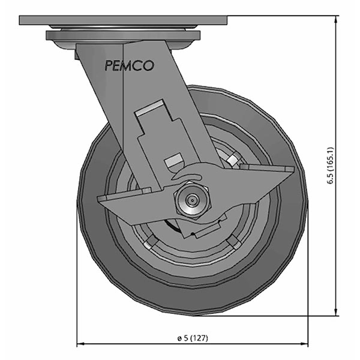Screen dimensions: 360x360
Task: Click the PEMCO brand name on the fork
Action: point(129,65)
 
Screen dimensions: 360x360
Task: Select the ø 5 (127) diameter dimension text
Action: point(193,338)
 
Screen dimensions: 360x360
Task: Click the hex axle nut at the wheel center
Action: point(191,200)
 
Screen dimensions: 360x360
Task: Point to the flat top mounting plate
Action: point(124,20)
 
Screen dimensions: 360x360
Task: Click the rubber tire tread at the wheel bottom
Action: point(192,303)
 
